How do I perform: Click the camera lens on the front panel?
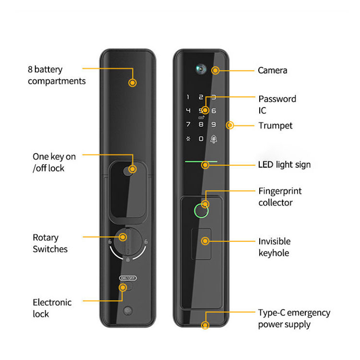click(x=201, y=69)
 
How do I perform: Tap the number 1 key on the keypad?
click(x=188, y=97)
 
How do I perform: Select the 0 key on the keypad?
click(x=201, y=139)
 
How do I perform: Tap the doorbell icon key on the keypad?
click(x=214, y=139)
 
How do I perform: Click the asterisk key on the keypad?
click(x=188, y=139)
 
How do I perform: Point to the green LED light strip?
click(x=201, y=162)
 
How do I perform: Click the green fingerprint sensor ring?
click(x=201, y=211)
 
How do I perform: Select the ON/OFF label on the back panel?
click(x=128, y=278)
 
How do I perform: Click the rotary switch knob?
click(x=128, y=241)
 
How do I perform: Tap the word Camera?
click(x=273, y=71)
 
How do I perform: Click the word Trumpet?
click(x=276, y=126)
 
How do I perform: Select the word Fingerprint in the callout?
click(x=280, y=191)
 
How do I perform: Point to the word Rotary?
click(x=46, y=238)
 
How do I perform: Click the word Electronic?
click(x=52, y=302)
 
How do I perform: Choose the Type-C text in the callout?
click(x=272, y=312)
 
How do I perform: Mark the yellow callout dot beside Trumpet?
click(x=230, y=125)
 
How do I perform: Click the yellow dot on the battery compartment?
click(x=132, y=83)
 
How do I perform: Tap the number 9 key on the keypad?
click(x=214, y=124)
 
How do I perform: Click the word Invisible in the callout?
click(x=275, y=241)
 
